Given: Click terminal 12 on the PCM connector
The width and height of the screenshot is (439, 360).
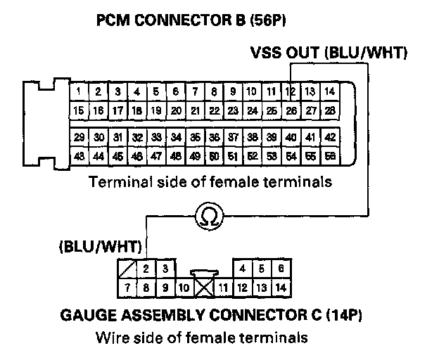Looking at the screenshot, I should pos(290,91).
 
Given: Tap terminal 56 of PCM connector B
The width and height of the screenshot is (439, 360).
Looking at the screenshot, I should pos(329,156).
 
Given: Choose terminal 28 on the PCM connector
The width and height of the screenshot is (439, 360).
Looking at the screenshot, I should pos(329,110).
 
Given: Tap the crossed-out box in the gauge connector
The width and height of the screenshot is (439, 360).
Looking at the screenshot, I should pos(203,286).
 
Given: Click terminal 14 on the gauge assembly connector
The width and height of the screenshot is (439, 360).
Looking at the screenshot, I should pos(280,286).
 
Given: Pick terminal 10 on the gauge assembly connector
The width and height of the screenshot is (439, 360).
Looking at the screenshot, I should pos(182,286).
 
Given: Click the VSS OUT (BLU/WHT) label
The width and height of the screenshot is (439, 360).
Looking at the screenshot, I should pos(329,53).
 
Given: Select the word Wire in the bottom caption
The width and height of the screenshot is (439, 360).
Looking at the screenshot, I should pos(110,337).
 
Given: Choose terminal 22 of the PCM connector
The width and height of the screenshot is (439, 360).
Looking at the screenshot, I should pos(213,110).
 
